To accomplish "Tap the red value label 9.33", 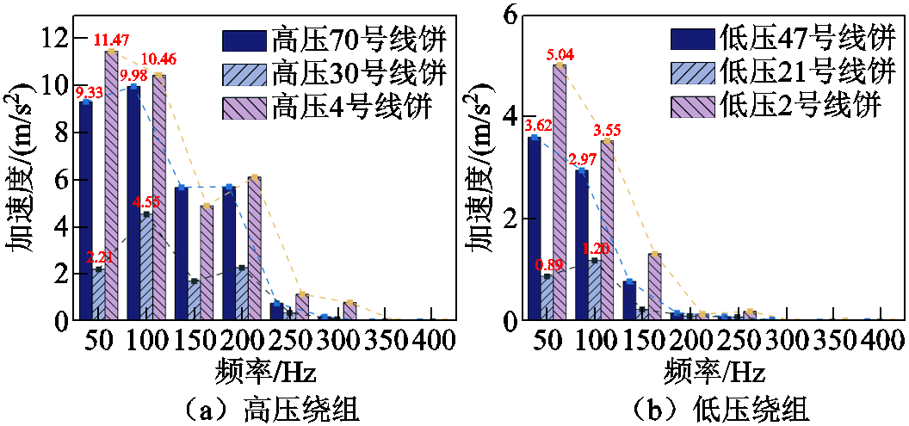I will [x=90, y=92].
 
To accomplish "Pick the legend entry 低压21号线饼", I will [x=782, y=73].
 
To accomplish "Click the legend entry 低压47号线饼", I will [x=782, y=40].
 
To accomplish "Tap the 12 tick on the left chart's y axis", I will [x=55, y=38].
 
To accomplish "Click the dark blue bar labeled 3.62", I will [x=534, y=228].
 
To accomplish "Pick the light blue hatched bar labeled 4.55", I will [x=146, y=266].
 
